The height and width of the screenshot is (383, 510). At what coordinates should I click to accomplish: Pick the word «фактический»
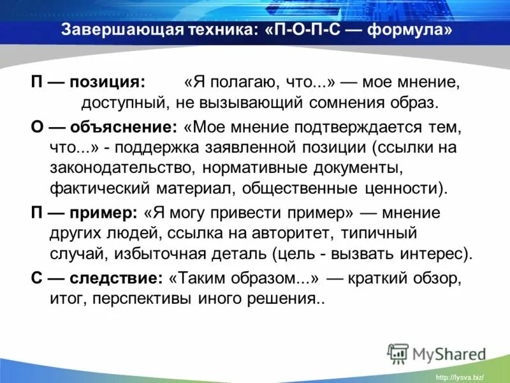point(91,189)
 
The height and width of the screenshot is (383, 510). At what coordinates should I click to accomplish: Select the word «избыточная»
point(161,254)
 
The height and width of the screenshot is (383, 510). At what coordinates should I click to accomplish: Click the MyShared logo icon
point(398,353)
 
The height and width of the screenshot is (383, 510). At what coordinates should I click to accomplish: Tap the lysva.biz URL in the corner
point(459,377)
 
